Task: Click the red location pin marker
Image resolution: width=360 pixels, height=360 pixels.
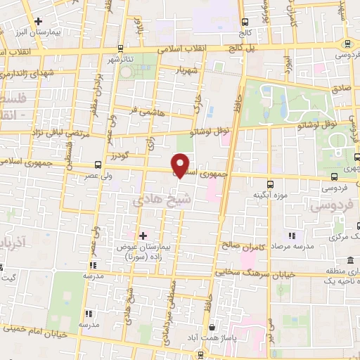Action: (x=181, y=164)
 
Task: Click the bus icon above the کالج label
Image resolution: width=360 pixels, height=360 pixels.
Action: (x=245, y=22)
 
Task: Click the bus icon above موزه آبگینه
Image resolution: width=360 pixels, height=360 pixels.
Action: (x=257, y=178)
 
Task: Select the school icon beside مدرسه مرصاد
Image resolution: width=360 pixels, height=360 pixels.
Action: (x=291, y=236)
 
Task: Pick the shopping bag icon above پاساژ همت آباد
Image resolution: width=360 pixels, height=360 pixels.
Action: (x=212, y=328)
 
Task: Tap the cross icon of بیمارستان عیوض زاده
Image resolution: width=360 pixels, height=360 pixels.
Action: (x=143, y=236)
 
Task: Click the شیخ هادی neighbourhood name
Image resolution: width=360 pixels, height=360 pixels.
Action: (x=152, y=200)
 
